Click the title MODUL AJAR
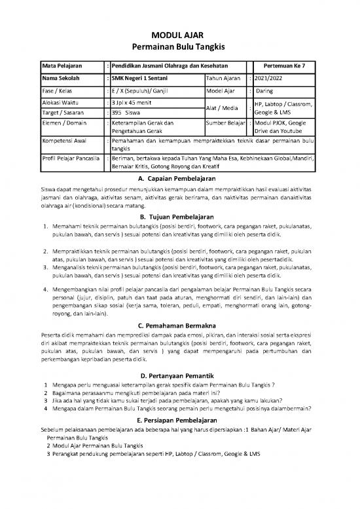(x=179, y=34)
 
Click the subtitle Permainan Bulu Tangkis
(x=179, y=47)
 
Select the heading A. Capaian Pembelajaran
(x=179, y=178)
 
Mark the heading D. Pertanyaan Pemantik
(x=179, y=375)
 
